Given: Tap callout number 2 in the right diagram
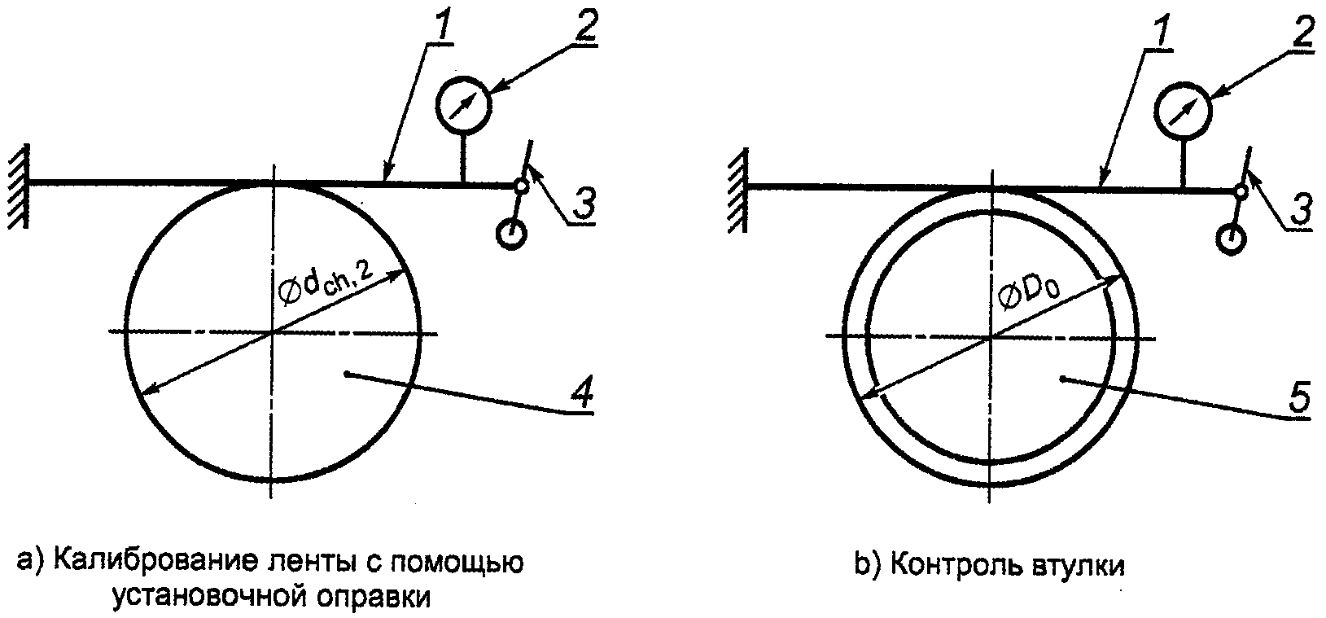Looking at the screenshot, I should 1302,33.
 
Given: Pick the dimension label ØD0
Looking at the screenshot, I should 1028,294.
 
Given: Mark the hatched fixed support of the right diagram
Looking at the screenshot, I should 737,190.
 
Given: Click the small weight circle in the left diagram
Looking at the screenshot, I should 510,234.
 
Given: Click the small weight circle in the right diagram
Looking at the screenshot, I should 1229,239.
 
